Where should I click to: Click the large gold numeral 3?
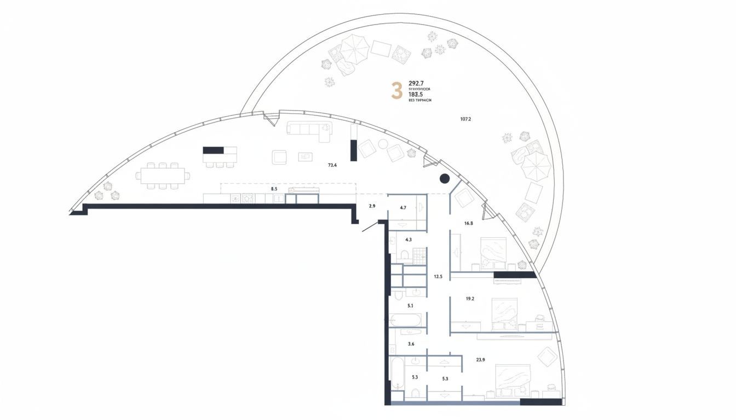397,91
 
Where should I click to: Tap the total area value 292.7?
416,83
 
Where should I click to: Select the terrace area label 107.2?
465,119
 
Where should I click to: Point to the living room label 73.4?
332,165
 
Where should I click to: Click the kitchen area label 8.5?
274,189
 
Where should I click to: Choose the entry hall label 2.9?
372,206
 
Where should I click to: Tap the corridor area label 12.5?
438,277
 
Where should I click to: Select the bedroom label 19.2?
469,299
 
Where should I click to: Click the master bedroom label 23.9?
480,359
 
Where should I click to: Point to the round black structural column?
445,178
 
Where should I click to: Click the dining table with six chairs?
163,176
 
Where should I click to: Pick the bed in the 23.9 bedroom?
513,380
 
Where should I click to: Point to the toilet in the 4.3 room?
404,255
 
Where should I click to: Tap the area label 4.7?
403,208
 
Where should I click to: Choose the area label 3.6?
411,344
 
